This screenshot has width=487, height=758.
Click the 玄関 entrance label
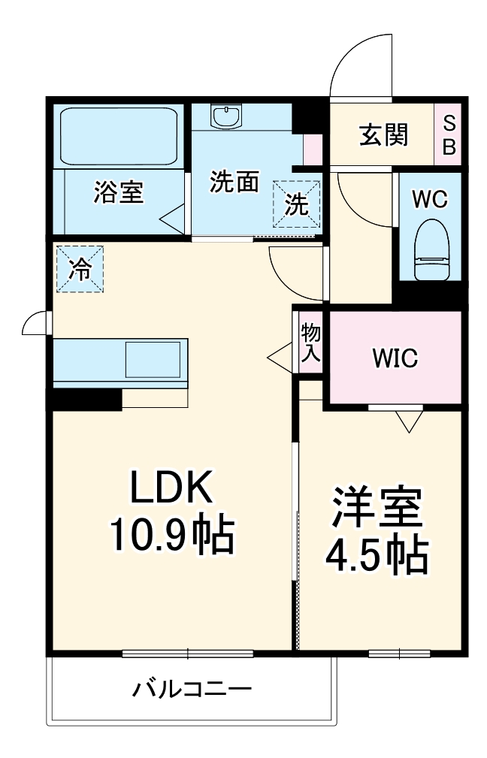(383, 135)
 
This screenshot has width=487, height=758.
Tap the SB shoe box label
(449, 135)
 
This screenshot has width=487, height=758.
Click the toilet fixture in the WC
(431, 248)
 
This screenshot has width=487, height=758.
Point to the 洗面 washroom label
(234, 183)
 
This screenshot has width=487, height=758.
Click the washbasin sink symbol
(225, 116)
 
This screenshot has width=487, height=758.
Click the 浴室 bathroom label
(118, 192)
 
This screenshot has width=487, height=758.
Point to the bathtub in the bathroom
(119, 134)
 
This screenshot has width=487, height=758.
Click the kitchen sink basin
(153, 359)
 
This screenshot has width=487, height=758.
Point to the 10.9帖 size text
(171, 534)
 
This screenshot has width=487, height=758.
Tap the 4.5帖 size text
(376, 555)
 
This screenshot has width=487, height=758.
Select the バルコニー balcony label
(192, 688)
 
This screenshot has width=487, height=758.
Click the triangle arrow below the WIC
(410, 421)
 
